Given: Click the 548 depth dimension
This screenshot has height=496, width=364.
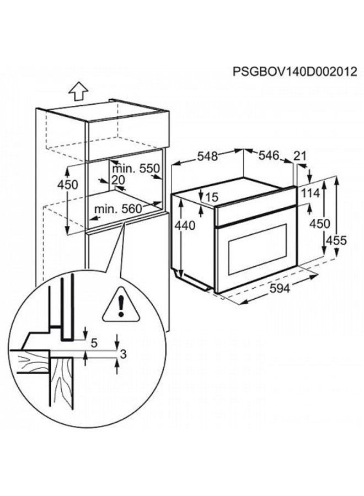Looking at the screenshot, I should pos(207,156).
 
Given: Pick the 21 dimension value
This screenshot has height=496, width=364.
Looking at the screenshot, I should pos(299,157).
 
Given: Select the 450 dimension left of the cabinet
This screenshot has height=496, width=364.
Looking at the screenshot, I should pos(68,185).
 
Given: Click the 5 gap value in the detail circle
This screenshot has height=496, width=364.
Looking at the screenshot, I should pos(94,343).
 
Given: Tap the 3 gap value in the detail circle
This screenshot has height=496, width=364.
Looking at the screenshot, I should pos(124,354).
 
